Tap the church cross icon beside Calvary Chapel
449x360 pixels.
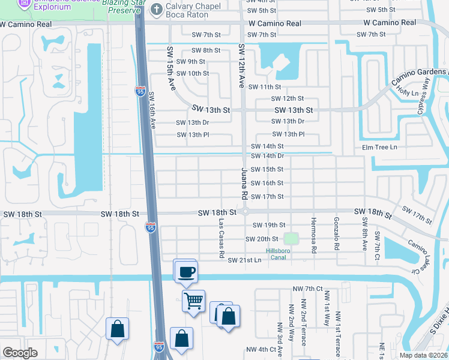tap(157, 9)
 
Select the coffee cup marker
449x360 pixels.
tap(185, 271)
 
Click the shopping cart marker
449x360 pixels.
tap(193, 301)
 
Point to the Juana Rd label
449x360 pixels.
tap(244, 184)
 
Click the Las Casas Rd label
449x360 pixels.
tap(221, 239)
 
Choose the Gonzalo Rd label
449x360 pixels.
tap(337, 234)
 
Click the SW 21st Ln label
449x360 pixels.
tap(244, 260)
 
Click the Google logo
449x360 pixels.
tap(20, 353)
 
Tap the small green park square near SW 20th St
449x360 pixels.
tap(291, 238)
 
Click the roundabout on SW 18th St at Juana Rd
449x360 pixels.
tap(245, 212)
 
